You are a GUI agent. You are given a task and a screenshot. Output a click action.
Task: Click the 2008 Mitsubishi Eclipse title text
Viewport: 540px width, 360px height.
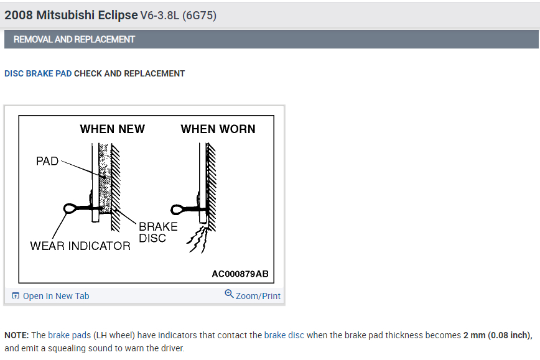(x=71, y=16)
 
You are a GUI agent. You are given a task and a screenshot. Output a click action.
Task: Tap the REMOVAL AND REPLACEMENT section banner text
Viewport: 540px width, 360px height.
(x=74, y=39)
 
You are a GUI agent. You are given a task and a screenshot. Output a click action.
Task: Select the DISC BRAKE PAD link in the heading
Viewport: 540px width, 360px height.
(x=38, y=73)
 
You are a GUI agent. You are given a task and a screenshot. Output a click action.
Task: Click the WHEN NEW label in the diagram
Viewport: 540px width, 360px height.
(x=112, y=129)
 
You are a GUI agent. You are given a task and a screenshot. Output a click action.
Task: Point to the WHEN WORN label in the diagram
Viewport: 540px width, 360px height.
(x=218, y=129)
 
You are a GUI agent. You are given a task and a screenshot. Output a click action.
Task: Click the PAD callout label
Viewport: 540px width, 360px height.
(x=47, y=161)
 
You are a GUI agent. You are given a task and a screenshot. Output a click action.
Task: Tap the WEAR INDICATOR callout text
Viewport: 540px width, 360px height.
(x=80, y=246)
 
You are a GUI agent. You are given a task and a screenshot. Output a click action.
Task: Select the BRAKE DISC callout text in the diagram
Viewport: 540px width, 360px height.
(x=157, y=232)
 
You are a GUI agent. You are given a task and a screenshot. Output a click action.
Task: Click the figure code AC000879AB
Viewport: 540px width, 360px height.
(x=240, y=274)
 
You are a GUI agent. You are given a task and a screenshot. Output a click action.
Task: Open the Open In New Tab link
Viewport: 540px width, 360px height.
(x=56, y=296)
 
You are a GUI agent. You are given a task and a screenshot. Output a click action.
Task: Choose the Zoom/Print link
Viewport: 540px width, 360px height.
(x=258, y=296)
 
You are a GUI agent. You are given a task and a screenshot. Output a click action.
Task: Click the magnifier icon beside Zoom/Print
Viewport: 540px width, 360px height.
(x=229, y=294)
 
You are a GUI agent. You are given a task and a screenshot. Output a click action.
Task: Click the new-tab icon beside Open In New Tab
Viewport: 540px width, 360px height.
(x=16, y=296)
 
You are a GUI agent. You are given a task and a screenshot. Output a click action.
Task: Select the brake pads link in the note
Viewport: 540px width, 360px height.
(x=68, y=335)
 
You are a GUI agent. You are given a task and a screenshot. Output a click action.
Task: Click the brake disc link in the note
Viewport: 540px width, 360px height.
(x=284, y=335)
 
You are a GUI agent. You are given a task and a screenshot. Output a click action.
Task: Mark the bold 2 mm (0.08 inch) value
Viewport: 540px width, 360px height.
(x=497, y=335)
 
